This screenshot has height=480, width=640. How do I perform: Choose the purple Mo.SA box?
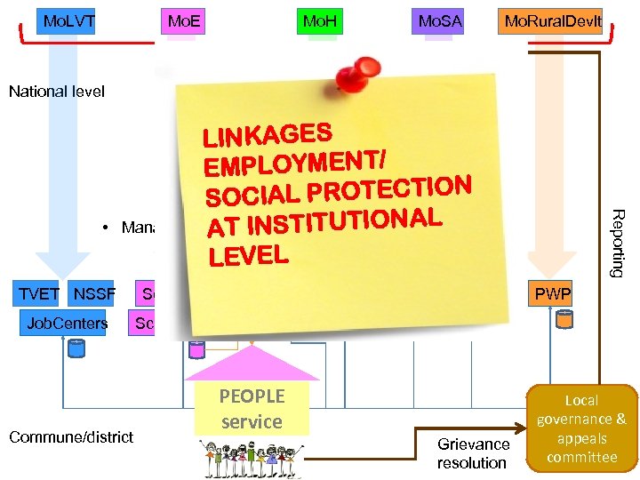439,20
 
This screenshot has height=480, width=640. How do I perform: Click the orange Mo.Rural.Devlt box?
551,20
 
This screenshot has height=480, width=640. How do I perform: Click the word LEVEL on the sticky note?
249,255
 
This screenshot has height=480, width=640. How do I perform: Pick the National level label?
57,91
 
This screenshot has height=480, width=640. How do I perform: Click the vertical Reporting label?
620,243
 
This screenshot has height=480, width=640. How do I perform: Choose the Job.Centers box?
67,323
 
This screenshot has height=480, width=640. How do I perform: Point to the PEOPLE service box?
252,409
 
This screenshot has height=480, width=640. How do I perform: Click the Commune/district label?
71,436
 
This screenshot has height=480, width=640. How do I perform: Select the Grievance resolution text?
472,452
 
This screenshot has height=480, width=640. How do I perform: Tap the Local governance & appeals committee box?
581,428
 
